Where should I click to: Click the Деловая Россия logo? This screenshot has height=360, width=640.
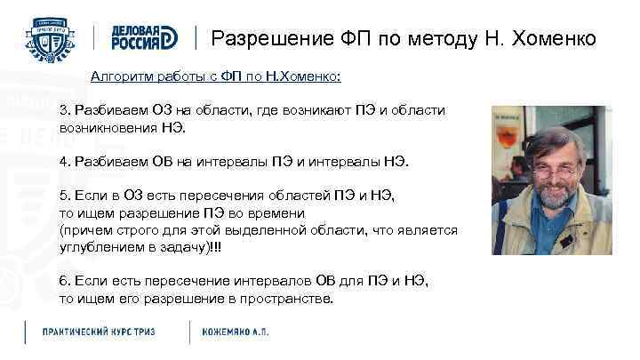(144, 37)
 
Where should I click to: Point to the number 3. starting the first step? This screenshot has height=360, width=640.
(64, 110)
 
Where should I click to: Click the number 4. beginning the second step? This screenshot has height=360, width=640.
(64, 162)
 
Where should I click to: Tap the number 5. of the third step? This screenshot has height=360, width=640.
(64, 196)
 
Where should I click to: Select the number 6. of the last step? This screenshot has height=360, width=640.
(64, 281)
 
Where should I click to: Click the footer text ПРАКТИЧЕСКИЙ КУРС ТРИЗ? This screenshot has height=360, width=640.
(99, 332)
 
